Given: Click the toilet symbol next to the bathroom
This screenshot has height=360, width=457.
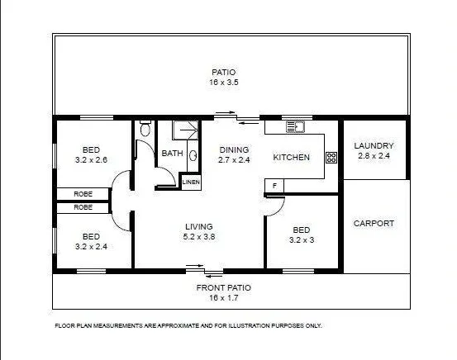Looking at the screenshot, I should pyautogui.click(x=145, y=129).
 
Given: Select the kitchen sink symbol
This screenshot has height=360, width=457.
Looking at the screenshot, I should pyautogui.click(x=296, y=127).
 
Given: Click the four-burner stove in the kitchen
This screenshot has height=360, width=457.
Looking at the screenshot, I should pyautogui.click(x=331, y=157).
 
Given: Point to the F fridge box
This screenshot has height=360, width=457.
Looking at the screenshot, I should pyautogui.click(x=274, y=187).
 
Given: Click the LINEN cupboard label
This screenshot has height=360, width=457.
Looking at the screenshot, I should pyautogui.click(x=191, y=181).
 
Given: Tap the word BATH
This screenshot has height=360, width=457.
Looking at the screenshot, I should pyautogui.click(x=172, y=154).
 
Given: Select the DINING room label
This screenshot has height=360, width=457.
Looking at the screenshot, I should pyautogui.click(x=234, y=149).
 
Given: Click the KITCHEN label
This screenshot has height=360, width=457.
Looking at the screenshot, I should pyautogui.click(x=291, y=157).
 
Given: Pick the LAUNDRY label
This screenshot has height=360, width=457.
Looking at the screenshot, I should pyautogui.click(x=374, y=145).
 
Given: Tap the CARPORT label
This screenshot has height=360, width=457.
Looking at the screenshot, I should pyautogui.click(x=374, y=223).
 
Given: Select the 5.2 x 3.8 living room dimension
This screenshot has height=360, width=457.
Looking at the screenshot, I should pyautogui.click(x=199, y=236).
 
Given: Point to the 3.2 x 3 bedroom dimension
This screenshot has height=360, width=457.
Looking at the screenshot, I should pyautogui.click(x=302, y=240).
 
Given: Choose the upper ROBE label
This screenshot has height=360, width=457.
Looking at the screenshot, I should pyautogui.click(x=83, y=195).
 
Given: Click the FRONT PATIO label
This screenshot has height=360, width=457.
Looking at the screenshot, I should pyautogui.click(x=223, y=287).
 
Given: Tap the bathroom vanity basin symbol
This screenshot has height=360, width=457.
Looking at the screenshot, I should pyautogui.click(x=193, y=154).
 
